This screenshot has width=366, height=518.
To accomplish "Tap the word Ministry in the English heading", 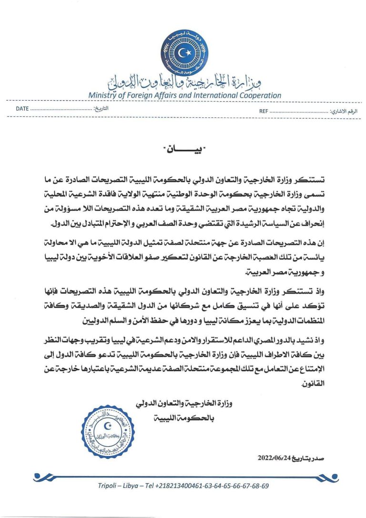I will [x=102, y=95].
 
